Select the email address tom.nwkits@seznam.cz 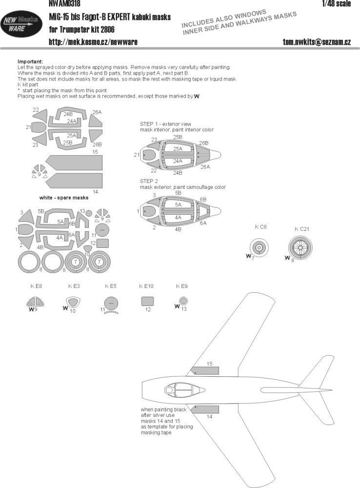coord(317,42)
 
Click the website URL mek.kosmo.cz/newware coord(93,42)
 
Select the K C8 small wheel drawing coord(259,248)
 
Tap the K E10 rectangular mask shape coord(147,301)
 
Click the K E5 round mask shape coord(112,303)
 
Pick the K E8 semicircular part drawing coord(37,302)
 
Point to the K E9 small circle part coord(182,300)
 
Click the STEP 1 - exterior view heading coord(166,125)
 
